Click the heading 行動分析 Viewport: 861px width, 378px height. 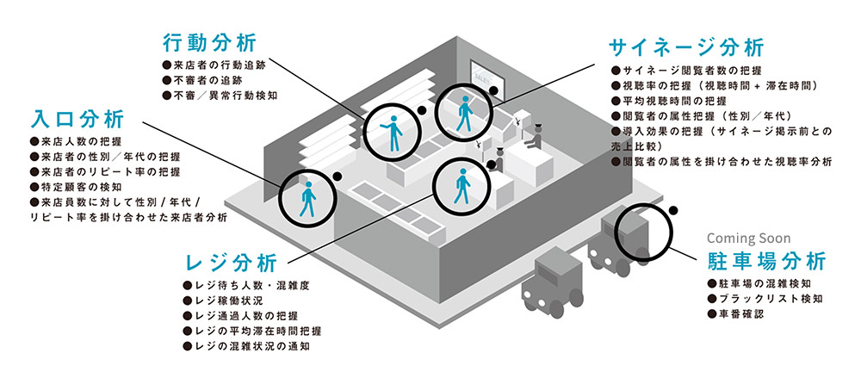coord(209,42)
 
